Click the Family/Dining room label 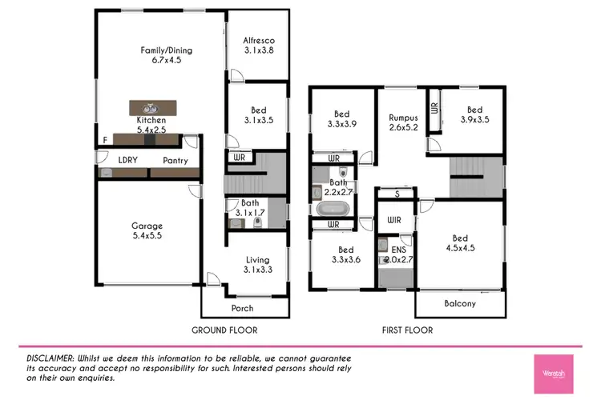[167, 55]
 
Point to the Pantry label [175, 161]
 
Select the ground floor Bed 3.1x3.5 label [257, 115]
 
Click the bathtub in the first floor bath [332, 210]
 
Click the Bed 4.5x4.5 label [459, 243]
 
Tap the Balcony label [460, 303]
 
